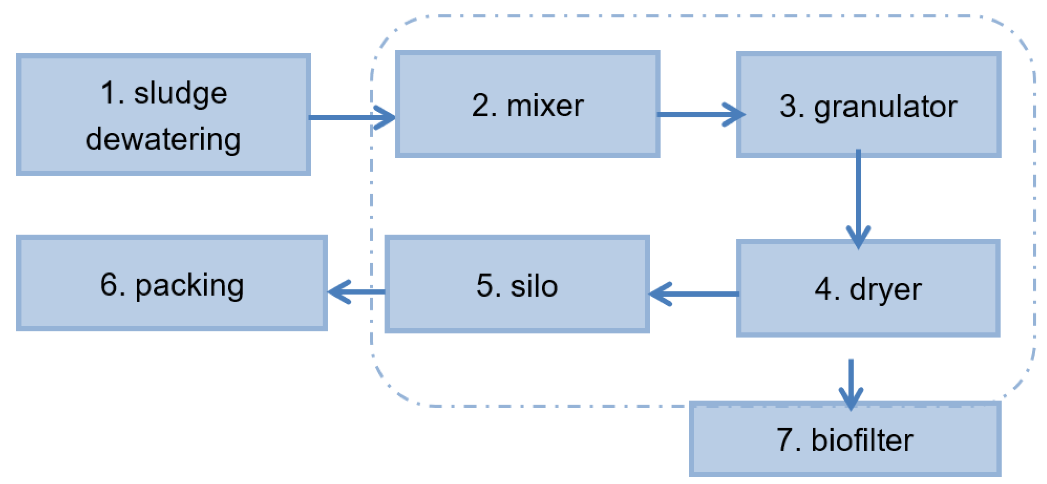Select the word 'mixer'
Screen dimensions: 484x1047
pyautogui.click(x=545, y=106)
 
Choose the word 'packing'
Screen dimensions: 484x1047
pyautogui.click(x=190, y=286)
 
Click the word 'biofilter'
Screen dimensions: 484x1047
pyautogui.click(x=862, y=440)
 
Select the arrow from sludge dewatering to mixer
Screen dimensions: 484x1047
pyautogui.click(x=352, y=118)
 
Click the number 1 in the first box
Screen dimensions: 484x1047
pyautogui.click(x=109, y=93)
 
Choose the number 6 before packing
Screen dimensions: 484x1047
pyautogui.click(x=109, y=286)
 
